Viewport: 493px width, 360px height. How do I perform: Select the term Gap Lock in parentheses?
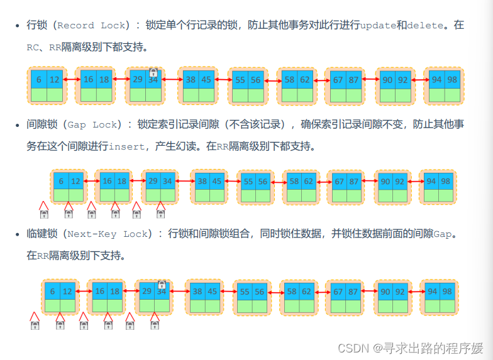click(92, 125)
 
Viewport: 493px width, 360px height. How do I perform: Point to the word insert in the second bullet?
click(127, 146)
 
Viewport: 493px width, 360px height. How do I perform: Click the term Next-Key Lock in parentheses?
click(108, 234)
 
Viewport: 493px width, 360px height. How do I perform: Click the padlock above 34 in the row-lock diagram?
click(153, 73)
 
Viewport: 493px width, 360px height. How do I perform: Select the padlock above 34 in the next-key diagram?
click(162, 285)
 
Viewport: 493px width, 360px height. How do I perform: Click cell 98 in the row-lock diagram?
click(452, 79)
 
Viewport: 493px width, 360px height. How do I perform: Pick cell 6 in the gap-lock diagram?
click(61, 181)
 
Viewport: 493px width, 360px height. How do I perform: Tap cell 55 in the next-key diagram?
click(242, 292)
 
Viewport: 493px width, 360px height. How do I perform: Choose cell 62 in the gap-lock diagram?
click(308, 182)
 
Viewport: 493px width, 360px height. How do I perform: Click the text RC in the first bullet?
click(33, 47)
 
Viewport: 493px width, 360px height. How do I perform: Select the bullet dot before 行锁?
click(18, 26)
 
